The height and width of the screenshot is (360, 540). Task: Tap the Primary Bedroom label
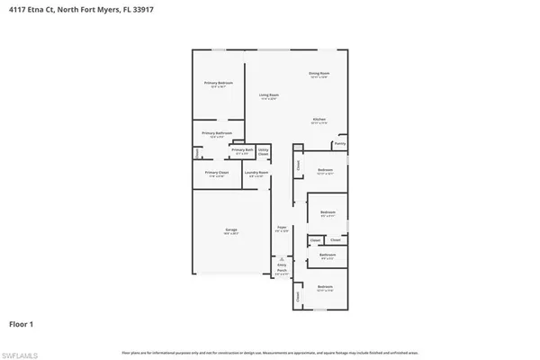pyautogui.click(x=219, y=84)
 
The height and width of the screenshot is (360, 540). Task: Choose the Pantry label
pyautogui.click(x=339, y=143)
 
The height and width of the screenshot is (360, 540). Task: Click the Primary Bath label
pyautogui.click(x=242, y=150)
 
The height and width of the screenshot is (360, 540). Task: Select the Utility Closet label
pyautogui.click(x=264, y=151)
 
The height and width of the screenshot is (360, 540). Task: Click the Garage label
pyautogui.click(x=231, y=231)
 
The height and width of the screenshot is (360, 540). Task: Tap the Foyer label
pyautogui.click(x=281, y=229)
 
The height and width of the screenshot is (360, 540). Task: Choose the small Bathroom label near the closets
pyautogui.click(x=327, y=256)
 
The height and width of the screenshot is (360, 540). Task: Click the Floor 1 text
pyautogui.click(x=21, y=323)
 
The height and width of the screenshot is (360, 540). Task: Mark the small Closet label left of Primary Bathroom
pyautogui.click(x=197, y=153)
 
